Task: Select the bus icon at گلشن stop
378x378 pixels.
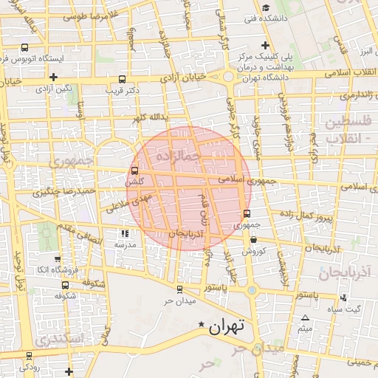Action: click(134, 171)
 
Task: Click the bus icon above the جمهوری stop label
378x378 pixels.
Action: click(247, 214)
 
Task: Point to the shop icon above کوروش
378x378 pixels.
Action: click(253, 240)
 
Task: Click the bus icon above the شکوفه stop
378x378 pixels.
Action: click(66, 284)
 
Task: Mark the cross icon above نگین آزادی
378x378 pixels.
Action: click(53, 77)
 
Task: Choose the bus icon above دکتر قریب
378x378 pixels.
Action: click(122, 79)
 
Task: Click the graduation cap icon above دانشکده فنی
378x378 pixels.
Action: click(265, 8)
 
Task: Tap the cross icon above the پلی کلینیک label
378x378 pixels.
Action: click(264, 46)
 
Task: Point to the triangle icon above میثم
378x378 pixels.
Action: click(305, 317)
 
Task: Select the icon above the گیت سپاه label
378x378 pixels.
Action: click(344, 298)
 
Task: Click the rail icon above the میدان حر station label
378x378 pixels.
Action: click(179, 290)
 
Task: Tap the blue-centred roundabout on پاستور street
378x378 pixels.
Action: click(251, 290)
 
